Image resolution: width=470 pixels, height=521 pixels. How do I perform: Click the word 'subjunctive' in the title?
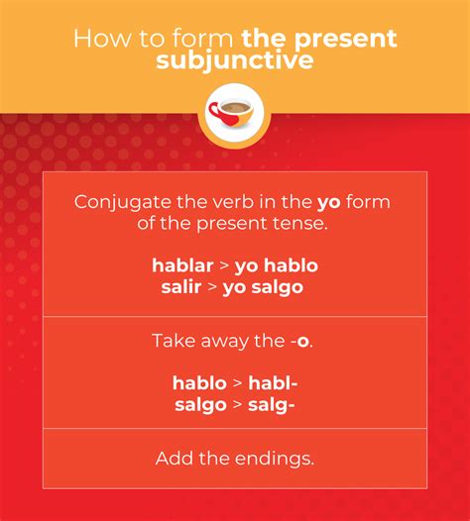point(234,60)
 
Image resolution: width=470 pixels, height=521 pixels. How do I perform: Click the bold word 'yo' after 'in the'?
point(328,203)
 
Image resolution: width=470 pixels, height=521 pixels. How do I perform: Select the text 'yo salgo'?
point(265,287)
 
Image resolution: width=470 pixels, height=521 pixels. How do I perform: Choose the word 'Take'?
point(171,341)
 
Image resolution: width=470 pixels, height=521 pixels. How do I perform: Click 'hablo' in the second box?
point(199,383)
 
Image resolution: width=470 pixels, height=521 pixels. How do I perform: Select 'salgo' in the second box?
point(201,405)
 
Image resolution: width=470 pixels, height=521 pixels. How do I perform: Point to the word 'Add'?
point(173,459)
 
